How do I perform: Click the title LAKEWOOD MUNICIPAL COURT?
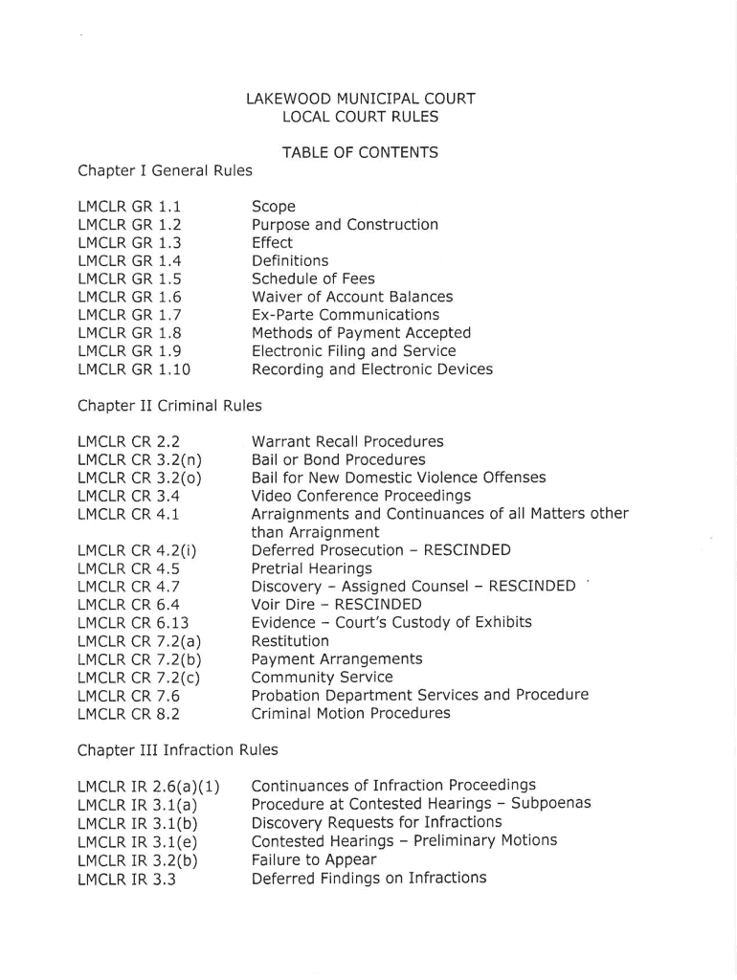(360, 98)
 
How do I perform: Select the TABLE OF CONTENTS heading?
(360, 152)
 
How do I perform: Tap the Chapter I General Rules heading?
(165, 170)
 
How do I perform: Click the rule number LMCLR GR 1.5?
(129, 278)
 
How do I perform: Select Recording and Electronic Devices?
(371, 369)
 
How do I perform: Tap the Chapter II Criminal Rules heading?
(169, 406)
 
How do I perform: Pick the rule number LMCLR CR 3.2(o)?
(138, 478)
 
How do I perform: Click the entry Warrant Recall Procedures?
(347, 442)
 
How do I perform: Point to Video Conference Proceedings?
(361, 496)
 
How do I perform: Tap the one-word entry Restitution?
(290, 640)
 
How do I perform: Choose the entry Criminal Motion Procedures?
(350, 713)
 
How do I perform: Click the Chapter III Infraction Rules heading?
(177, 750)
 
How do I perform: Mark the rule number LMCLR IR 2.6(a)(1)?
(148, 788)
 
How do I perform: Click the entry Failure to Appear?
(314, 859)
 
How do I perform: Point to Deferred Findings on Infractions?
(368, 878)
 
